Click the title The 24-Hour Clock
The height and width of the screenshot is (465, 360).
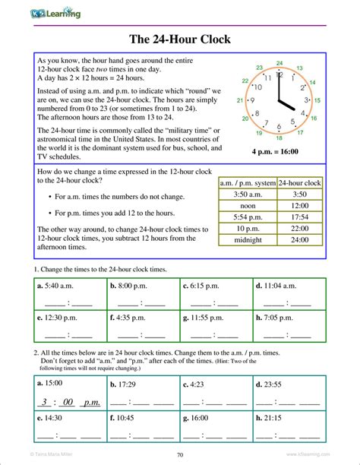tap(180, 39)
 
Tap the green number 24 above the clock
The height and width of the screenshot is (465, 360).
tap(279, 63)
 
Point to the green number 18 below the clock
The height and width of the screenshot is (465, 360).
tap(279, 138)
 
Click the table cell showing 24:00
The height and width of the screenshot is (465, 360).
tap(299, 241)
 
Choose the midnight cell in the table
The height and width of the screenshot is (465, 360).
tap(248, 241)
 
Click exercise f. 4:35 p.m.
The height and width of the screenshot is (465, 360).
tap(132, 318)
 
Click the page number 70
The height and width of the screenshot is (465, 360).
tap(180, 455)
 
